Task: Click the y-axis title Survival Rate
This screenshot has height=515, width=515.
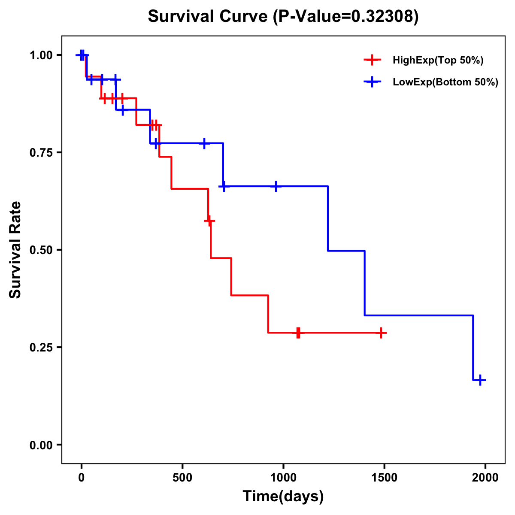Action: pos(15,250)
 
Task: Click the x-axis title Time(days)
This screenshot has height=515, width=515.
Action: pos(283,496)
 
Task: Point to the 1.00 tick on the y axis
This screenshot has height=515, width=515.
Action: pos(41,55)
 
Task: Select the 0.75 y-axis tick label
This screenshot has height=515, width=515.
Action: pos(41,153)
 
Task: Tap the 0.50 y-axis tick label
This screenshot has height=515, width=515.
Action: pos(41,250)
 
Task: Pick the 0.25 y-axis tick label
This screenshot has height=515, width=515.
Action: pos(41,348)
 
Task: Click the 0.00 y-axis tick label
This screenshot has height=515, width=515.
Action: pos(41,445)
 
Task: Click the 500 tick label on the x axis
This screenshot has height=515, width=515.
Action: pos(182,478)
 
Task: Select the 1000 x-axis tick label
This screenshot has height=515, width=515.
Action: pos(283,478)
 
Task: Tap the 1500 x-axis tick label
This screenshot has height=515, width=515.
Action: pos(385,478)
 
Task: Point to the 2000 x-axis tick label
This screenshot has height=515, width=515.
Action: pos(485,478)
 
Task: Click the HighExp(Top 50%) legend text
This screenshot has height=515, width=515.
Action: pos(438,61)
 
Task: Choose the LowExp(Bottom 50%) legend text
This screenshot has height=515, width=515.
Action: pos(445,82)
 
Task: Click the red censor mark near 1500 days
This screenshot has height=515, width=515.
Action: pos(381,333)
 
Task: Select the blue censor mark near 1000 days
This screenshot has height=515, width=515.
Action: pos(276,186)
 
